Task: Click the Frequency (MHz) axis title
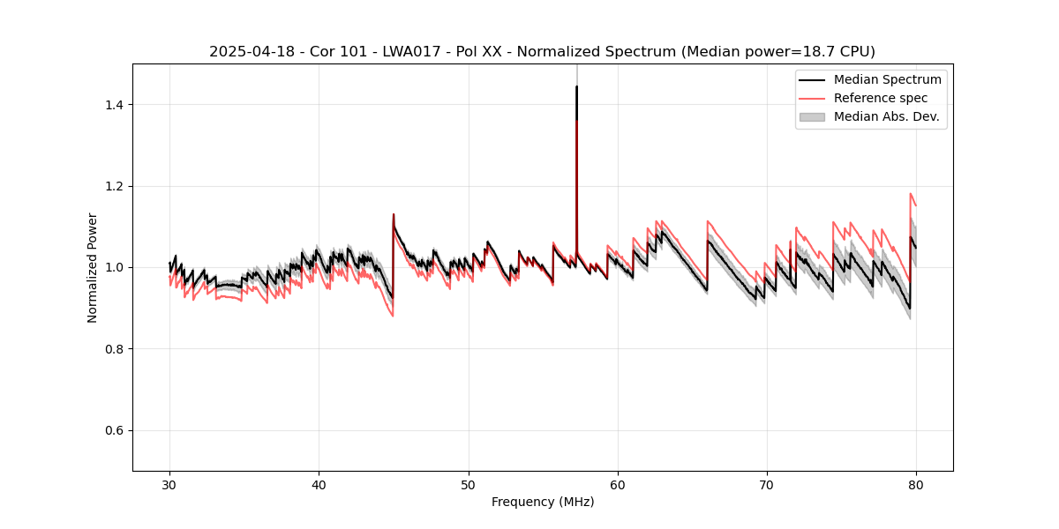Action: click(x=543, y=502)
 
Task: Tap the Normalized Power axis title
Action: click(x=93, y=267)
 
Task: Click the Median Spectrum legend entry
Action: click(x=887, y=79)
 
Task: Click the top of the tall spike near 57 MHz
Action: click(x=576, y=86)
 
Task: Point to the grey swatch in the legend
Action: click(x=812, y=116)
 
